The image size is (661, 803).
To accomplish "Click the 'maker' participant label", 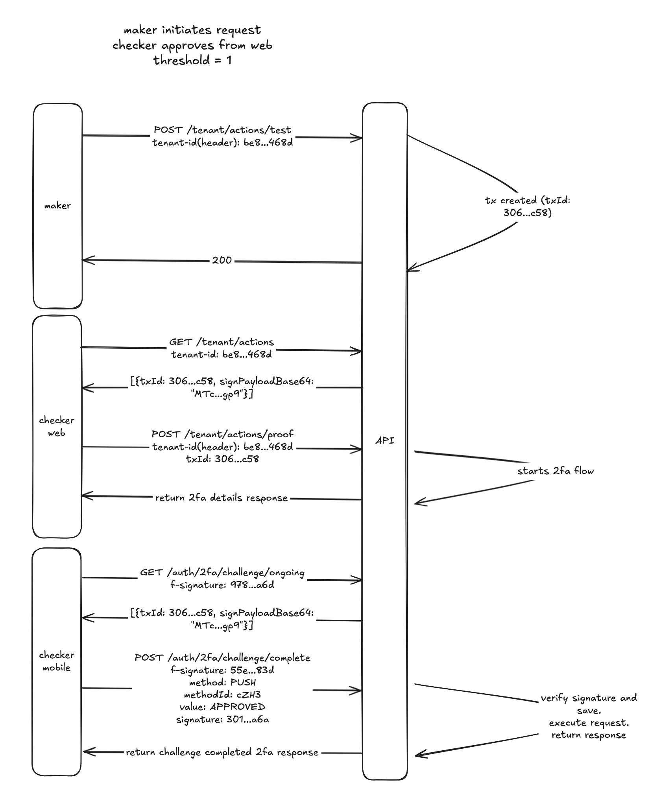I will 57,206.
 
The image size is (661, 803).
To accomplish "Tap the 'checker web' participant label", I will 57,427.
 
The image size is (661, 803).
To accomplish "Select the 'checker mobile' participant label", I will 57,661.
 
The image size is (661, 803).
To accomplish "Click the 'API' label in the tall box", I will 385,441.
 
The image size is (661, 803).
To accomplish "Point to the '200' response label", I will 222,260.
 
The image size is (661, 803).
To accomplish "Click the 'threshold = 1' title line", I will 192,61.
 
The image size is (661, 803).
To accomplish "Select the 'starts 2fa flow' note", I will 556,471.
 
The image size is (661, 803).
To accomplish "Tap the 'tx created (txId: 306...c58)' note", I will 528,206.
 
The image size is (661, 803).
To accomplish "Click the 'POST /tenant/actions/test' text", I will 222,130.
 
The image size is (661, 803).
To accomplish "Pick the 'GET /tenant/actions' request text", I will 222,342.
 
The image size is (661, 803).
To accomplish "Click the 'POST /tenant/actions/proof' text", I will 222,434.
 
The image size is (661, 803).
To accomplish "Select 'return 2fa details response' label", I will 222,498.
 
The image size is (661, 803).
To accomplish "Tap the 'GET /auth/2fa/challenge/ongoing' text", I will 222,573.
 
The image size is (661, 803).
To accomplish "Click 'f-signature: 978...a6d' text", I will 222,585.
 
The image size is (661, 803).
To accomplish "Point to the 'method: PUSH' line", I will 222,682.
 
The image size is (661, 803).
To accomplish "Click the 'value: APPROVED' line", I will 222,707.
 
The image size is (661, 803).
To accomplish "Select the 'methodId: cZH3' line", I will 222,694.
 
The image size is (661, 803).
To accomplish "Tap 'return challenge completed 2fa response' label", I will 222,752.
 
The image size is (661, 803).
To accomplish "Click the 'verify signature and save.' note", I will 589,704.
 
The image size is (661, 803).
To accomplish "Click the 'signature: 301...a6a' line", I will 222,720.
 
